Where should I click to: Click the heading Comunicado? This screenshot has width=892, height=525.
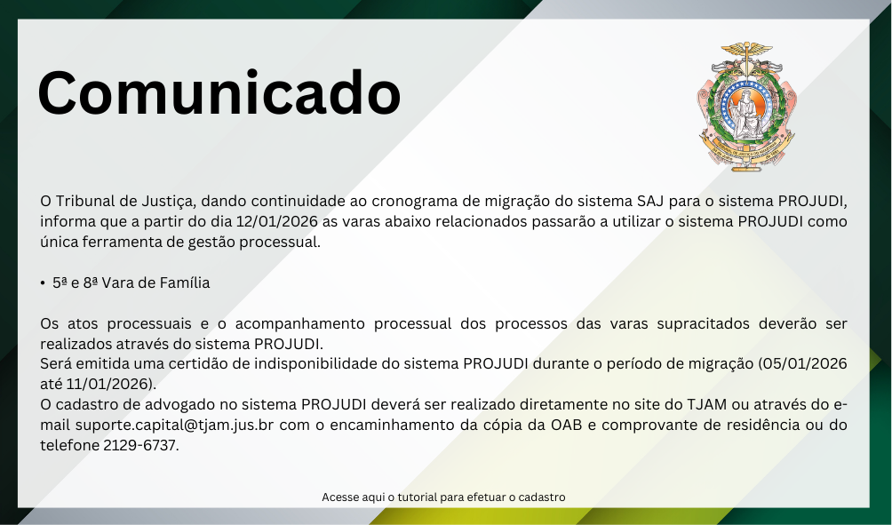coord(219,92)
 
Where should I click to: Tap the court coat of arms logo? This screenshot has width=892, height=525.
coord(746,107)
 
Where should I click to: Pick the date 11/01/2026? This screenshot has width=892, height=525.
coord(110,384)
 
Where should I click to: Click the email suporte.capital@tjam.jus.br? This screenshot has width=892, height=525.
coord(175,426)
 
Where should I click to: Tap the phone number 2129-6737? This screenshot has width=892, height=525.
coord(140,445)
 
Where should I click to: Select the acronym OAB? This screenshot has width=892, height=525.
coord(566,425)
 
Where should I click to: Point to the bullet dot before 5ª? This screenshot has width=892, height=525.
coord(43,283)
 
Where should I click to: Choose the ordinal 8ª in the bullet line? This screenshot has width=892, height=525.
coord(91,282)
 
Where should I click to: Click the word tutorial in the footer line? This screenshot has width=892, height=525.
coord(418,497)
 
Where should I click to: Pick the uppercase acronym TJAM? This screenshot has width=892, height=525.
coord(706,404)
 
